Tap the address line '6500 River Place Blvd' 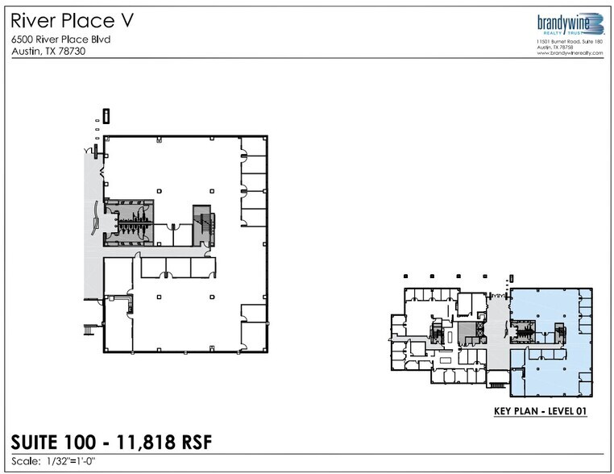(60, 39)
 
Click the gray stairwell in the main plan (201, 218)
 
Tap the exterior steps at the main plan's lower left (89, 329)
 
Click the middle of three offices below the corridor (177, 268)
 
